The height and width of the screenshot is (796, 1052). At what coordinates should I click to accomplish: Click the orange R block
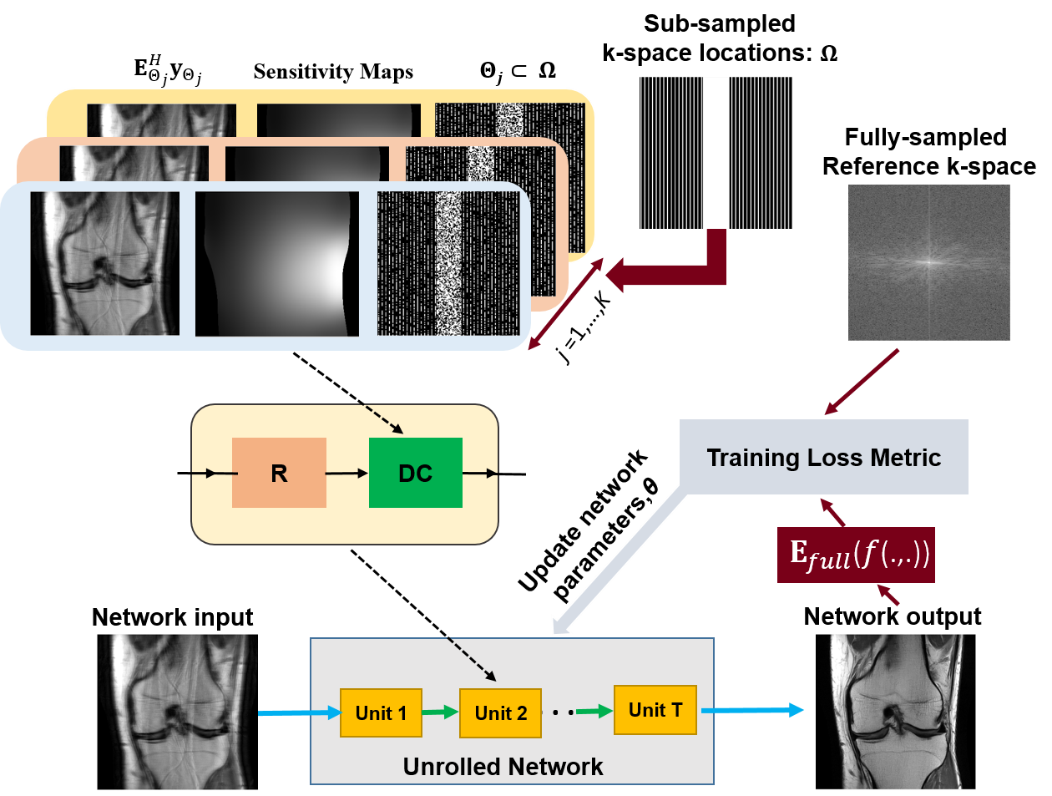pyautogui.click(x=279, y=473)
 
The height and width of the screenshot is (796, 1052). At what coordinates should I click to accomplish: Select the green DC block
pyautogui.click(x=416, y=473)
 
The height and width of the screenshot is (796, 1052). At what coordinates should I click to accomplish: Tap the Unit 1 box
pyautogui.click(x=381, y=712)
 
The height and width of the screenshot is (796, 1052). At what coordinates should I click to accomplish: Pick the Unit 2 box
pyautogui.click(x=500, y=712)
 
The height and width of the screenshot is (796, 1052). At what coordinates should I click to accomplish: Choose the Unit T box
pyautogui.click(x=655, y=710)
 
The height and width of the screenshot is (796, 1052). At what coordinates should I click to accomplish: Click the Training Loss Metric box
pyautogui.click(x=824, y=457)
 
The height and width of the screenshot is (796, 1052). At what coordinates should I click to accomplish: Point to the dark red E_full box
pyautogui.click(x=856, y=555)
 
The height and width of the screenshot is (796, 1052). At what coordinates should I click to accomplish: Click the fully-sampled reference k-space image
pyautogui.click(x=928, y=262)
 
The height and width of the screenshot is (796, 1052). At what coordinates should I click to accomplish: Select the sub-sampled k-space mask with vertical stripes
pyautogui.click(x=716, y=153)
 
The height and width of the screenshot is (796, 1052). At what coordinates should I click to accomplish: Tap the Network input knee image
pyautogui.click(x=177, y=712)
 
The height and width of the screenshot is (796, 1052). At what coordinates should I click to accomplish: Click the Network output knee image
pyautogui.click(x=895, y=712)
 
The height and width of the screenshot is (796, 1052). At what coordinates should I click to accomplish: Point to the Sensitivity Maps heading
pyautogui.click(x=333, y=71)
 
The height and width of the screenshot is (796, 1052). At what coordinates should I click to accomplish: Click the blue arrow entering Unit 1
pyautogui.click(x=300, y=712)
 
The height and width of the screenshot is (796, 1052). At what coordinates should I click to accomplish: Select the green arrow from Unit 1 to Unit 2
pyautogui.click(x=440, y=712)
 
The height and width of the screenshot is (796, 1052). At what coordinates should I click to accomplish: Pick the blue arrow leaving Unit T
pyautogui.click(x=752, y=710)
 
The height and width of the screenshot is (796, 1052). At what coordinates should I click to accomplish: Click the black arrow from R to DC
pyautogui.click(x=347, y=474)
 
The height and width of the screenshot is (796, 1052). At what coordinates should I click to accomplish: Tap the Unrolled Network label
pyautogui.click(x=503, y=766)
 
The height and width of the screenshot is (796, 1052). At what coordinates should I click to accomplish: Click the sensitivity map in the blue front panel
pyautogui.click(x=277, y=264)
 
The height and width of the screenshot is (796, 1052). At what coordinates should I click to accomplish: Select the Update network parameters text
pyautogui.click(x=589, y=525)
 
